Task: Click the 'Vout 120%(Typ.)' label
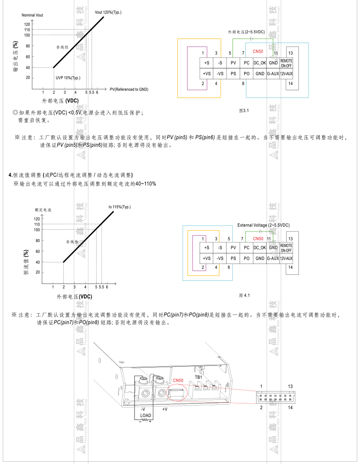[108, 12]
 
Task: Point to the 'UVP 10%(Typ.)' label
[68, 78]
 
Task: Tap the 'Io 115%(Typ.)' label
[119, 207]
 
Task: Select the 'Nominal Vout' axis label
[32, 15]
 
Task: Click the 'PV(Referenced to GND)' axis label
[129, 89]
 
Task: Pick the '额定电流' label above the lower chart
[43, 210]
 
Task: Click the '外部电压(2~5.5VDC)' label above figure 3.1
[247, 32]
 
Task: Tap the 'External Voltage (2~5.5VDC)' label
[263, 225]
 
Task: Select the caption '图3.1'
[244, 110]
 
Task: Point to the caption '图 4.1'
[245, 296]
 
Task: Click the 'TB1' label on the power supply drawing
[198, 377]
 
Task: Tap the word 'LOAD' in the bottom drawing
[145, 415]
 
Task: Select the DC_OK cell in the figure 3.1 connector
[260, 63]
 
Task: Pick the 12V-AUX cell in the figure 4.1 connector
[286, 258]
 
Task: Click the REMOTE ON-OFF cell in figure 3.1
[286, 63]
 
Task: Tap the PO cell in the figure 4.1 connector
[247, 258]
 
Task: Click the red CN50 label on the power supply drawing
[178, 381]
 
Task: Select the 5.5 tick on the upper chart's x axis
[92, 93]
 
